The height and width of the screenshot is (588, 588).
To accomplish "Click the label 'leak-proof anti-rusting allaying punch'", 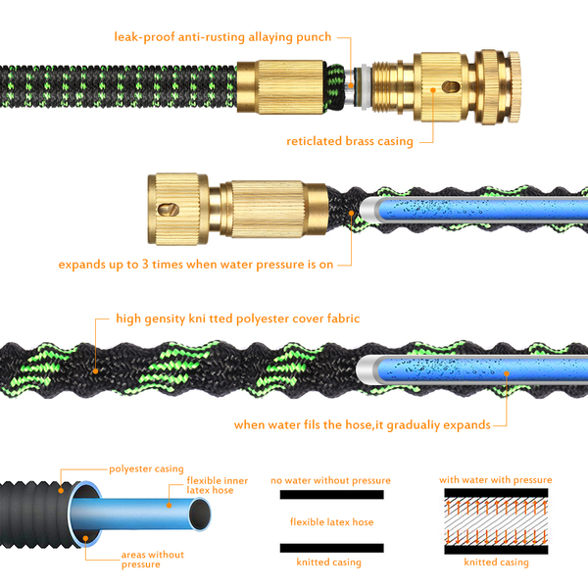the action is [222, 37].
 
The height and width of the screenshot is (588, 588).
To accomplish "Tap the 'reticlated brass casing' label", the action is [350, 141].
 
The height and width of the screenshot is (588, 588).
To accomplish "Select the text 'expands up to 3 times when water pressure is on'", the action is [196, 265].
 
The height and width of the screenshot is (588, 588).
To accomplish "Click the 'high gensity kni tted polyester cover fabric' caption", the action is [238, 318].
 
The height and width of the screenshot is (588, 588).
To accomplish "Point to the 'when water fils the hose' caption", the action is [303, 425].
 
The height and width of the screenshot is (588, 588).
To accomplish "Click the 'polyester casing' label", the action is [146, 469].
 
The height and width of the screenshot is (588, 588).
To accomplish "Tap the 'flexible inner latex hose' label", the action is [218, 485].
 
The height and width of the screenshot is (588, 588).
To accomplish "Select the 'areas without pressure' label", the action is [152, 560].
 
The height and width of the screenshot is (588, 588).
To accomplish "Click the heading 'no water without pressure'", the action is [331, 480].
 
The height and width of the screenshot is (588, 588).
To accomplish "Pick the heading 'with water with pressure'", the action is [495, 480].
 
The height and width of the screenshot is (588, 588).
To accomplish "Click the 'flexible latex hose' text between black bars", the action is [332, 522].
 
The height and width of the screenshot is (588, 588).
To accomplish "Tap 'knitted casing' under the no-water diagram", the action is [329, 563].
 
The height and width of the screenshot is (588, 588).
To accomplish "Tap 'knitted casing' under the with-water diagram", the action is [496, 563].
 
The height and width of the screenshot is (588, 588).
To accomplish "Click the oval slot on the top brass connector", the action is [451, 87].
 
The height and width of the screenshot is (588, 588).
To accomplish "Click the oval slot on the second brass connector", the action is [168, 210].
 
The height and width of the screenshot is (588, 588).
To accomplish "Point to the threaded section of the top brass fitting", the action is [387, 89].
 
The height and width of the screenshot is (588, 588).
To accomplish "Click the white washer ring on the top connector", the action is [365, 88].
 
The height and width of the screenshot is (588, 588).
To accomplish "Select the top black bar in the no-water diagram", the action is [332, 495].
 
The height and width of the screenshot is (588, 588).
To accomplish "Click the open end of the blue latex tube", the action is [200, 514].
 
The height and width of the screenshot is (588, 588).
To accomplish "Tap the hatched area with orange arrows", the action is [496, 521].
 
